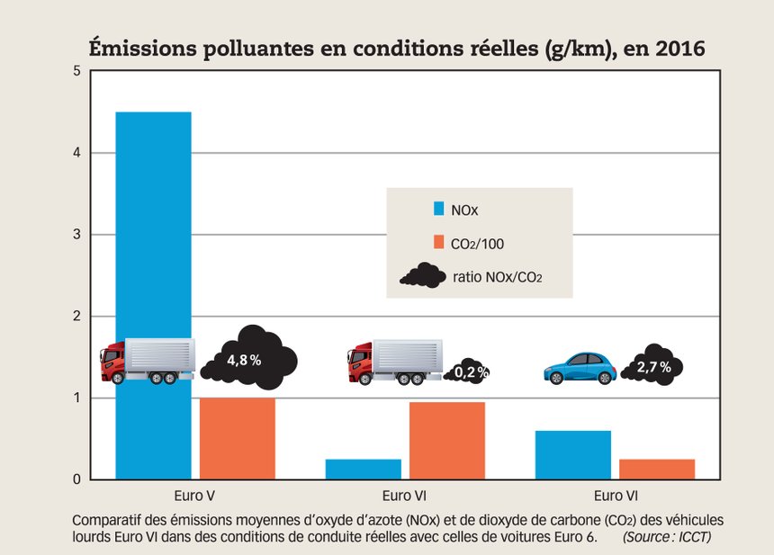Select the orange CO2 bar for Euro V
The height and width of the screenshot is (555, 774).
[x=237, y=438]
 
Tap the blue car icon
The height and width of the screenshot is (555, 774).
[x=580, y=367]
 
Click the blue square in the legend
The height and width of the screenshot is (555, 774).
[x=439, y=209]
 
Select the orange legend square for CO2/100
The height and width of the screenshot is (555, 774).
[x=439, y=241]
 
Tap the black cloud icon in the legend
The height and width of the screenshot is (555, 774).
[x=423, y=274]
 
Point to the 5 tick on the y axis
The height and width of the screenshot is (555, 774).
[x=77, y=72]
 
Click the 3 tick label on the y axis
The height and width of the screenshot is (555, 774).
[x=77, y=235]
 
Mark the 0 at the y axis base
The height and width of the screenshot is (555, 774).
[x=77, y=479]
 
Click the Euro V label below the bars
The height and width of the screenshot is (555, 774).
[x=194, y=496]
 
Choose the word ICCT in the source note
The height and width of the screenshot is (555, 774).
[x=704, y=537]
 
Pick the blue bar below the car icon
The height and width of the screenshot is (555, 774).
[x=572, y=455]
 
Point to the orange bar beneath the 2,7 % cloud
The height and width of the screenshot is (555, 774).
[x=656, y=469]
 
